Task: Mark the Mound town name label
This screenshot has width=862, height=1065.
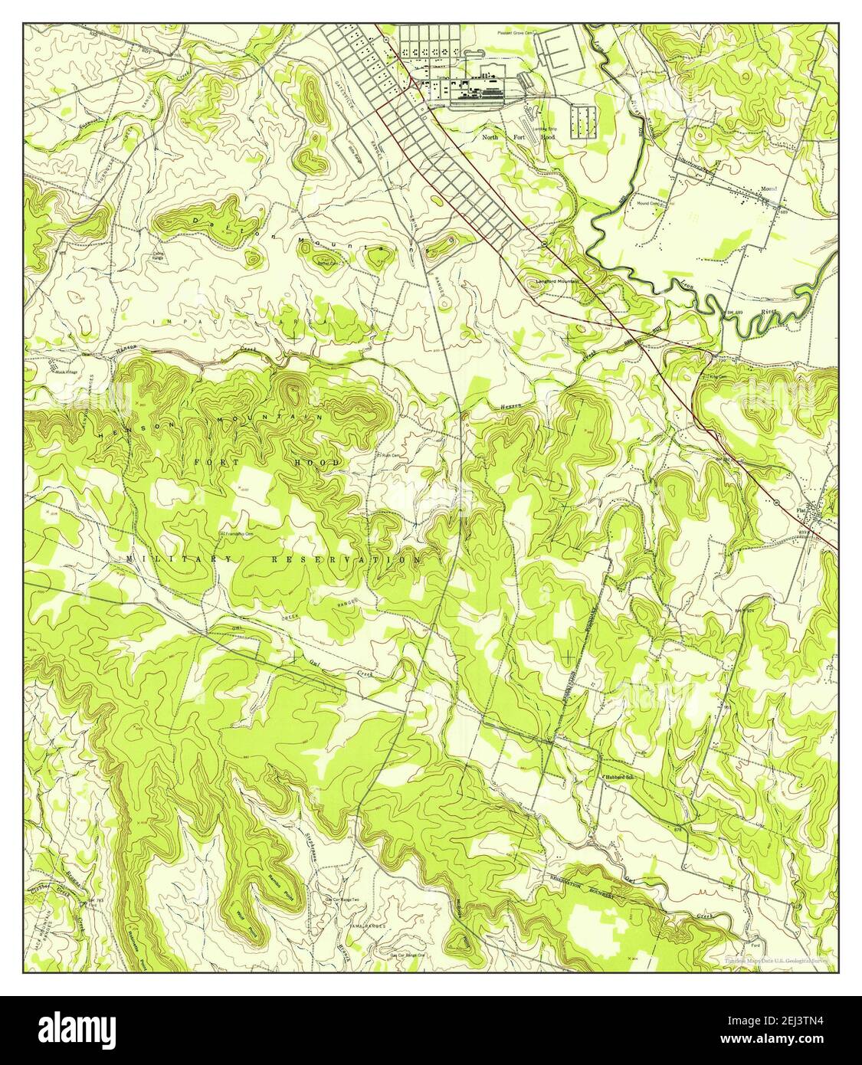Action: click(x=769, y=188)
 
